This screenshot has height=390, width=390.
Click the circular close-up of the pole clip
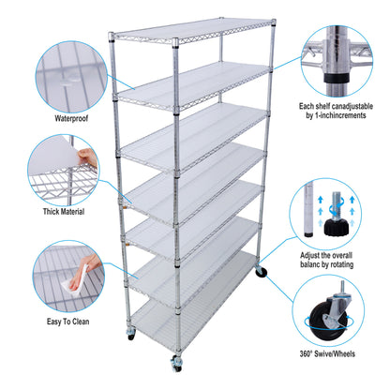click(x=338, y=59)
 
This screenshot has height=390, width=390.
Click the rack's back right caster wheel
click(x=260, y=273)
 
